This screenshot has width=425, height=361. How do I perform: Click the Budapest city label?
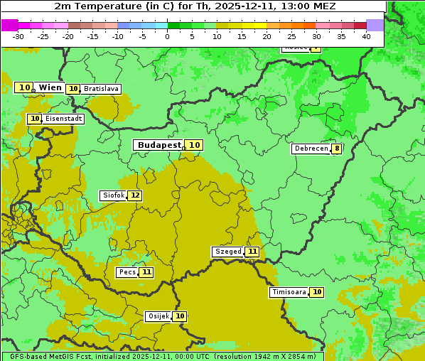point(159,145)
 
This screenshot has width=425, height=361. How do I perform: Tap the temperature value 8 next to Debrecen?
point(336,149)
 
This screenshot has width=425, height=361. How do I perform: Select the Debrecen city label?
point(311,149)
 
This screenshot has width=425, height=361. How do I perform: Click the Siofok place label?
point(113,195)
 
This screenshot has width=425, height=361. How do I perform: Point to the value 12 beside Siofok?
point(134,195)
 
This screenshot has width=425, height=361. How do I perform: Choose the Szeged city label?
point(227,252)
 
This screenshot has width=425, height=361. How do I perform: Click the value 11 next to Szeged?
point(252,252)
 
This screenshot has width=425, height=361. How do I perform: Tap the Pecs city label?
point(127,272)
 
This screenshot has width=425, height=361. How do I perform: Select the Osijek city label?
point(158,316)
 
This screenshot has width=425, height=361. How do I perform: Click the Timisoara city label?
point(289,292)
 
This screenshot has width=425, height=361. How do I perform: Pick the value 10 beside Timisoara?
point(316,292)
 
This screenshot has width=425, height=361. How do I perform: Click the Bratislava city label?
point(100,89)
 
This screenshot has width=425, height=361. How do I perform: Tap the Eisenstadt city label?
point(63,119)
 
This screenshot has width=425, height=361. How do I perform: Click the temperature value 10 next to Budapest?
point(194,145)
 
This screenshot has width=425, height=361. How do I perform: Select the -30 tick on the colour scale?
point(18,36)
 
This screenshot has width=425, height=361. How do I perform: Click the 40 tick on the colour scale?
point(366,36)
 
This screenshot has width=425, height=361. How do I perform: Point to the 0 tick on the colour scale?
point(168,36)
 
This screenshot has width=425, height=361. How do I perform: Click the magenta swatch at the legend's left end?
point(9,25)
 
